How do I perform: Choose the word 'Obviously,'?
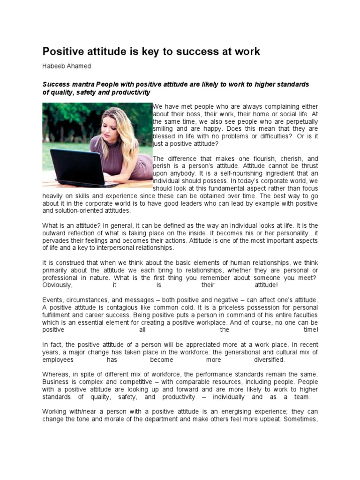(x=58, y=285)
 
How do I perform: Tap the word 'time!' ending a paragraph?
(x=311, y=330)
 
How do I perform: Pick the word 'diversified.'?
(x=269, y=360)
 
